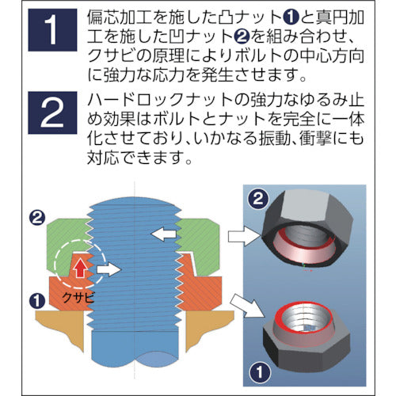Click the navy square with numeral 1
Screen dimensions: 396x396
[52, 30]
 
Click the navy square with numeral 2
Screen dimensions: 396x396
[52, 112]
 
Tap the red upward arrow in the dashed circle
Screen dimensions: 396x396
[80, 268]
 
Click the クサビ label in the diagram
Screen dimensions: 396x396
[78, 298]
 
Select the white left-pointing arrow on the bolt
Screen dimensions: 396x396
[163, 234]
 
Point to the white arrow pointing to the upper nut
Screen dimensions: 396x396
[244, 236]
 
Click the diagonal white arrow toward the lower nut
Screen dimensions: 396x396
[247, 307]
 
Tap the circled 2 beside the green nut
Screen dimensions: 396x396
[37, 218]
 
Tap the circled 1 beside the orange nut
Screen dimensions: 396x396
[37, 301]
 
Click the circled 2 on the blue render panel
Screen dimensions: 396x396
[258, 199]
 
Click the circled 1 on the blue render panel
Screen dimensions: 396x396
[260, 372]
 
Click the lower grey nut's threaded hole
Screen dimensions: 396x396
[307, 320]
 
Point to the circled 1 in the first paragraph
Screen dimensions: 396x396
[291, 17]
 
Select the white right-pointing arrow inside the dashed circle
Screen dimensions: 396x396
[109, 269]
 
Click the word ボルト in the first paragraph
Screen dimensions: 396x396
[255, 56]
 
